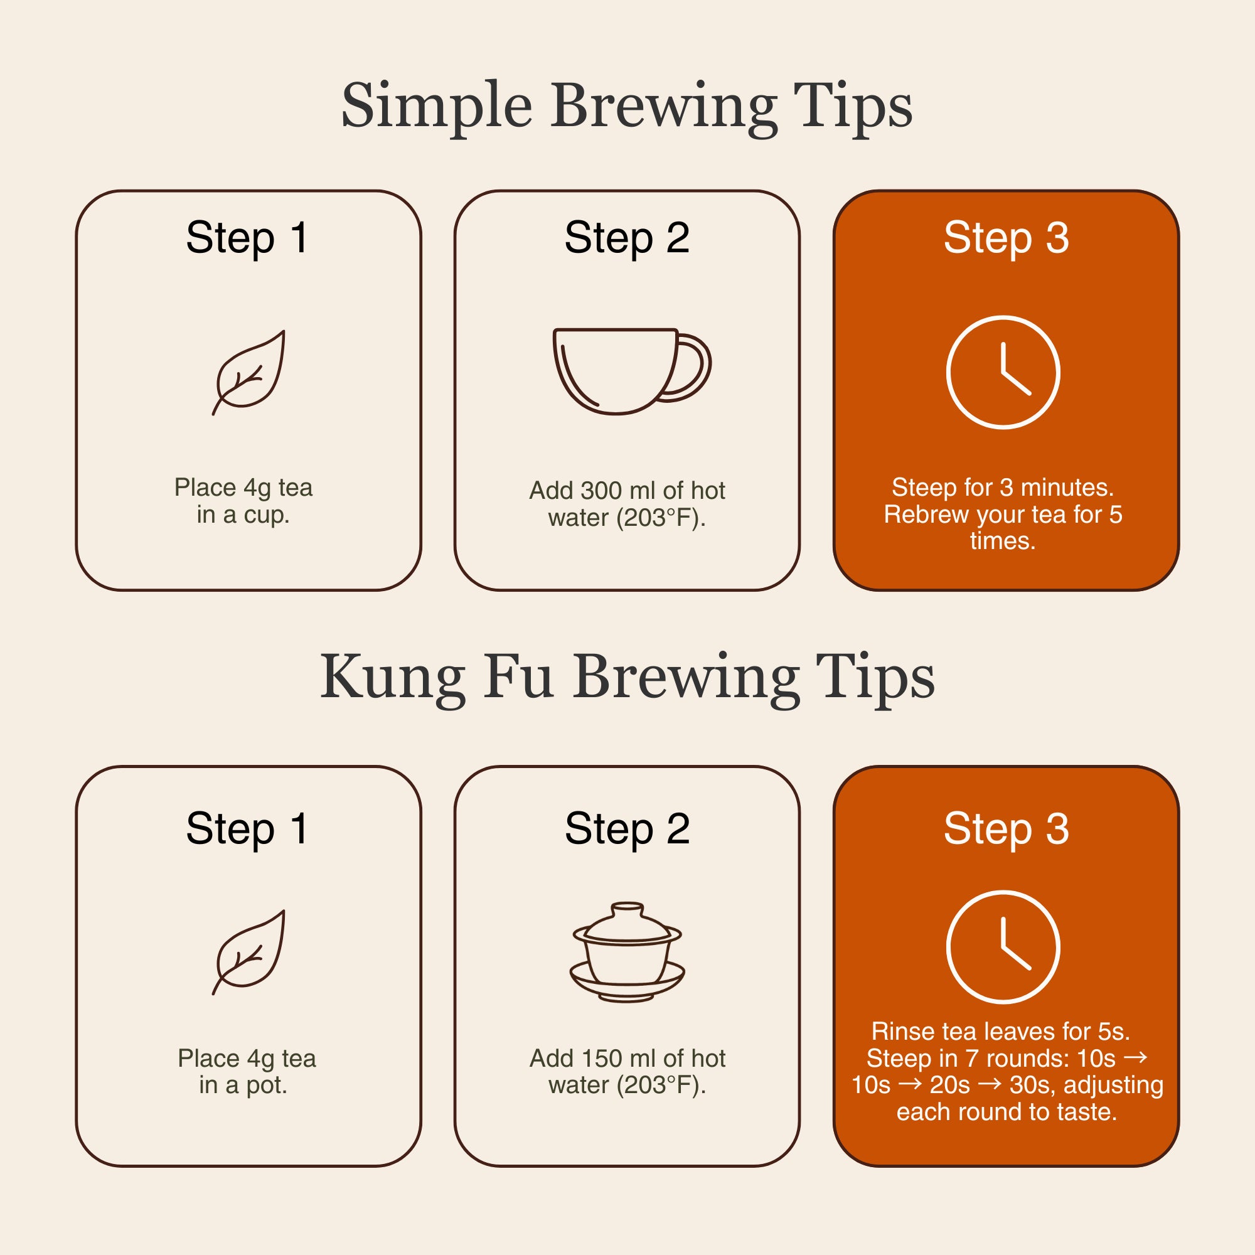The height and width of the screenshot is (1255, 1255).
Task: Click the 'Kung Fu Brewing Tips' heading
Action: pyautogui.click(x=627, y=678)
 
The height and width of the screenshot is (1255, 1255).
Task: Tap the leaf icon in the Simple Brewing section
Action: pyautogui.click(x=248, y=372)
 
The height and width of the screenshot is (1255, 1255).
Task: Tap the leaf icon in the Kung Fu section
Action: pyautogui.click(x=248, y=952)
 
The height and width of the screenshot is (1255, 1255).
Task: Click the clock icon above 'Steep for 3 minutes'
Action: pyautogui.click(x=1003, y=372)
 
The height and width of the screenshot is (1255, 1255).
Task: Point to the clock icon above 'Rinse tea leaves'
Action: pyautogui.click(x=1003, y=947)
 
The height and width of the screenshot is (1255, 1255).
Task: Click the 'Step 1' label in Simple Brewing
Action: pyautogui.click(x=247, y=238)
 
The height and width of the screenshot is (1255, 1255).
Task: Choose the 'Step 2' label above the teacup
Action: pyautogui.click(x=627, y=238)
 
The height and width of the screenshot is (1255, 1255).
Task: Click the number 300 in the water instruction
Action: pyautogui.click(x=601, y=491)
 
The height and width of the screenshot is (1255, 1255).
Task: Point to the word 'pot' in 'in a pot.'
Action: pyautogui.click(x=265, y=1086)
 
